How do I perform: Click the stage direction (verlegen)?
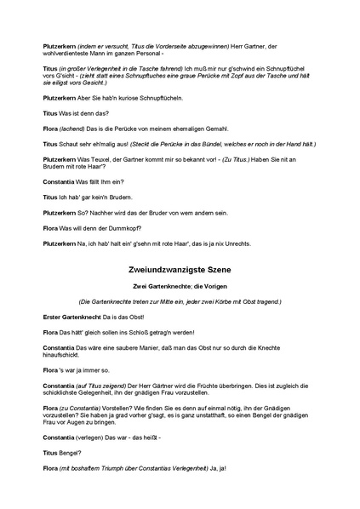99,437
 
